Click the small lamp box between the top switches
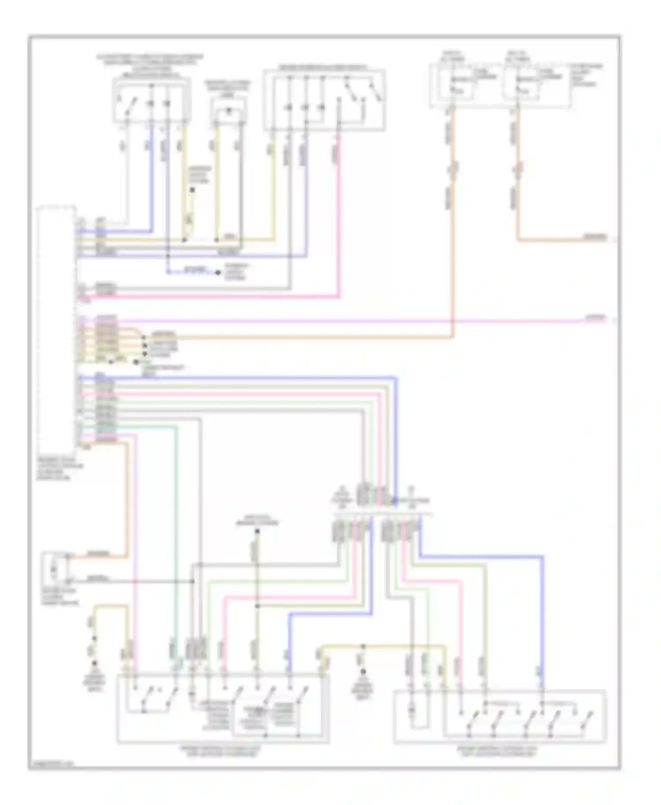click(x=228, y=113)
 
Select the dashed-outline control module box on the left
click(x=56, y=326)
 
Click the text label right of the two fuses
click(x=586, y=75)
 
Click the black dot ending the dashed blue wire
click(x=218, y=273)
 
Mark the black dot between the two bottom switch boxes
click(x=363, y=672)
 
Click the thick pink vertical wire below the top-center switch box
click(x=339, y=220)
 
